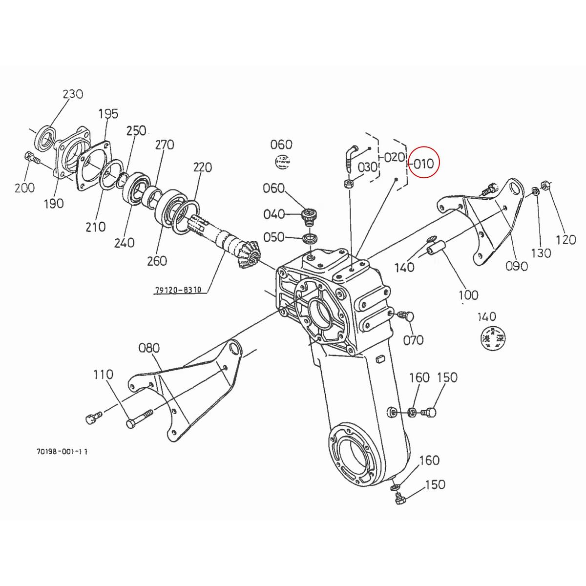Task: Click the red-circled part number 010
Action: click(x=423, y=163)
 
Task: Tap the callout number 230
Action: click(x=73, y=94)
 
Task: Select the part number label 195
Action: click(x=108, y=114)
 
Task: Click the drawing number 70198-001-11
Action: click(x=62, y=452)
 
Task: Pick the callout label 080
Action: click(x=149, y=348)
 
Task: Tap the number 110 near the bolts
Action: click(x=103, y=375)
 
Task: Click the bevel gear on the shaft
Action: click(x=249, y=255)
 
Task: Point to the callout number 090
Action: click(x=517, y=266)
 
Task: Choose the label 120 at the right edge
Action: click(x=566, y=239)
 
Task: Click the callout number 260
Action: click(x=157, y=261)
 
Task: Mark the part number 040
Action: click(x=273, y=214)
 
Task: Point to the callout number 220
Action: click(x=202, y=167)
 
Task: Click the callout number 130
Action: click(x=541, y=253)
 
